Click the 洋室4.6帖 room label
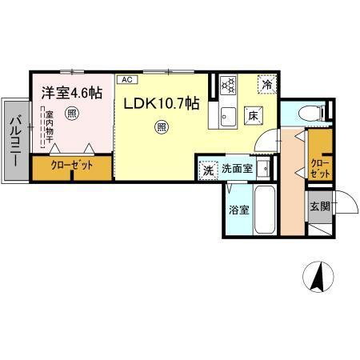pos(72,93)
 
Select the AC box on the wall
pos(126,79)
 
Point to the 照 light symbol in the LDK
pos(162,126)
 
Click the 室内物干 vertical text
pos(49,128)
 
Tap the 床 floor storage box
pos(250,117)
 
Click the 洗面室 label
pos(238,170)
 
